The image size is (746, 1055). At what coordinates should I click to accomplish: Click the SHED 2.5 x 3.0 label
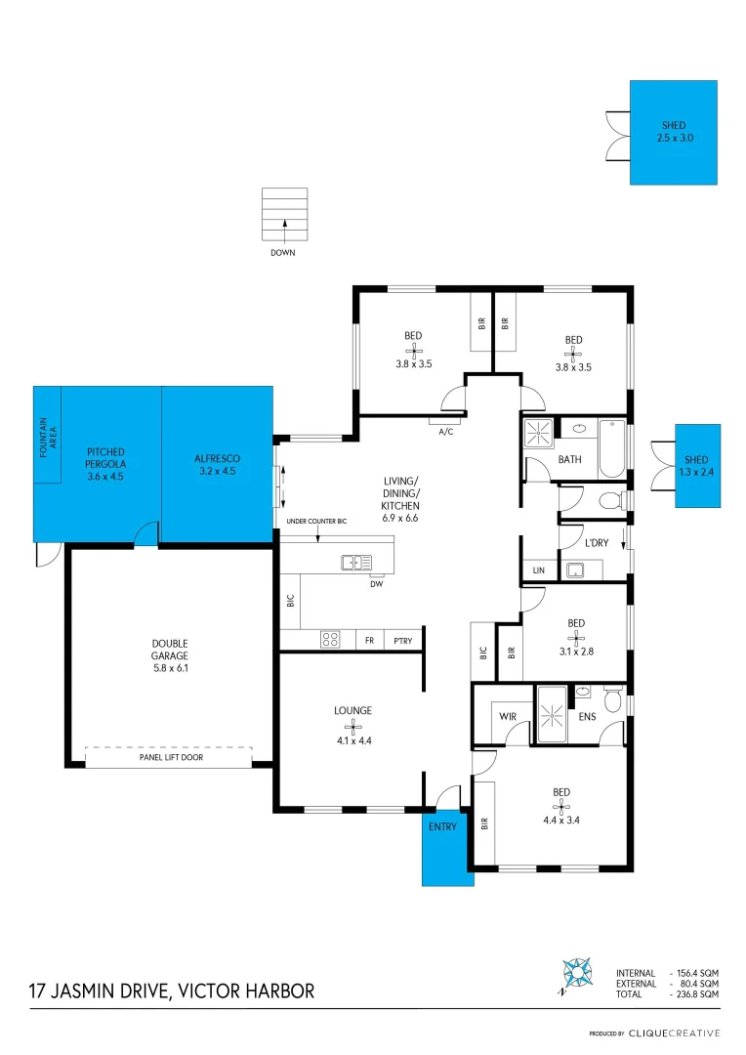coord(672,132)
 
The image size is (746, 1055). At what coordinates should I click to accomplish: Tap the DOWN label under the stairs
coord(283,252)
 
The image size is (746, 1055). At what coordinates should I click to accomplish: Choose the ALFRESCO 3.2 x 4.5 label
coord(217,464)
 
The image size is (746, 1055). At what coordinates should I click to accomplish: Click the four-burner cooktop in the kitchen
coord(330,641)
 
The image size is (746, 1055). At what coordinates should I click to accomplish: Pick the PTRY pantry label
coord(402,641)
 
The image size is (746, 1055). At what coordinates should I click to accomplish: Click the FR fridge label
coord(369,641)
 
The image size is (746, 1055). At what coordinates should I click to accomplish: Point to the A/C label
coord(446,431)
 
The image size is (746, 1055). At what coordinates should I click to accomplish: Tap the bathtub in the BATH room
coord(611,447)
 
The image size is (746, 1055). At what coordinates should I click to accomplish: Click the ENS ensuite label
coord(588,717)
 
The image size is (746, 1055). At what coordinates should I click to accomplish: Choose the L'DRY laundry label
coord(597,542)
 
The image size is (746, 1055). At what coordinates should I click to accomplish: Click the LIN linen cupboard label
coord(537,569)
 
